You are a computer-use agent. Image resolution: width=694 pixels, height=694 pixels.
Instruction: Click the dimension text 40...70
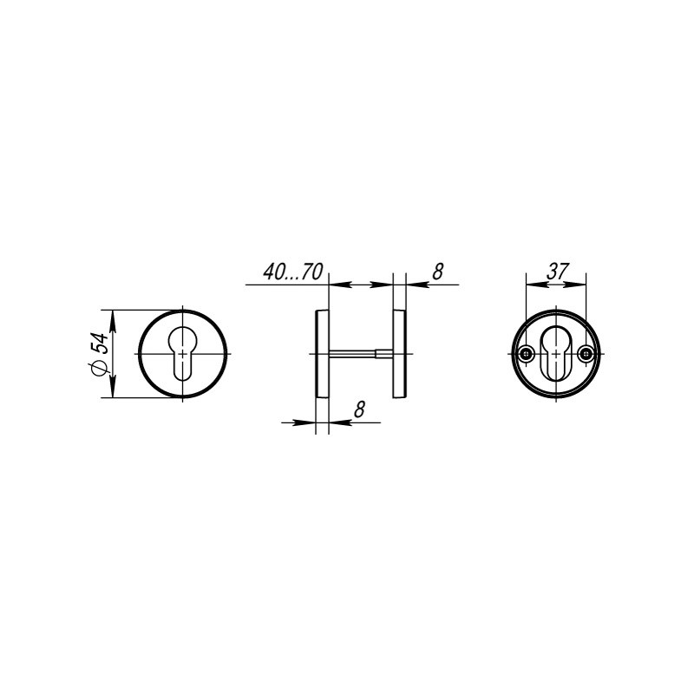293,272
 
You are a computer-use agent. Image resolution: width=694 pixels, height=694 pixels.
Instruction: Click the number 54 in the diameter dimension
101,342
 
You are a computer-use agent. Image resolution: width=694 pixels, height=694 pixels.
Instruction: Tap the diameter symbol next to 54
101,368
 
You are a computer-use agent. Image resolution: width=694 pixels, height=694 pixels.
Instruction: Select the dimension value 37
557,271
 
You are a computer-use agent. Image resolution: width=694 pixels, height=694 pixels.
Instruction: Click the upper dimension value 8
437,272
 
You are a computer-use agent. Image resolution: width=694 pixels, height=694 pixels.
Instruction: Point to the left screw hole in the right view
526,353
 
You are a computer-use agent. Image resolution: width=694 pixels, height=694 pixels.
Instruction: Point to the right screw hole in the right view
586,353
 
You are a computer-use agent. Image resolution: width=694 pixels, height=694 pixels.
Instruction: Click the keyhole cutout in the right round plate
556,351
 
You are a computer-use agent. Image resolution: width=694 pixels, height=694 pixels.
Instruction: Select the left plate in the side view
321,353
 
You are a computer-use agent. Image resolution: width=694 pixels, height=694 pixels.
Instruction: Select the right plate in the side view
400,353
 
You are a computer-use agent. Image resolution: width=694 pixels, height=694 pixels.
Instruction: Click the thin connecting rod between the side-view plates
351,353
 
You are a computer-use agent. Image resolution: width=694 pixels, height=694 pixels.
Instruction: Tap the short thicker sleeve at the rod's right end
383,353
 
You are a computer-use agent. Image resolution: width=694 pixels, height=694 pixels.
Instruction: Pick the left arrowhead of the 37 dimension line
532,283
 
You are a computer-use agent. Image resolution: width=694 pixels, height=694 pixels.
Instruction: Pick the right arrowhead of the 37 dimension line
580,283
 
